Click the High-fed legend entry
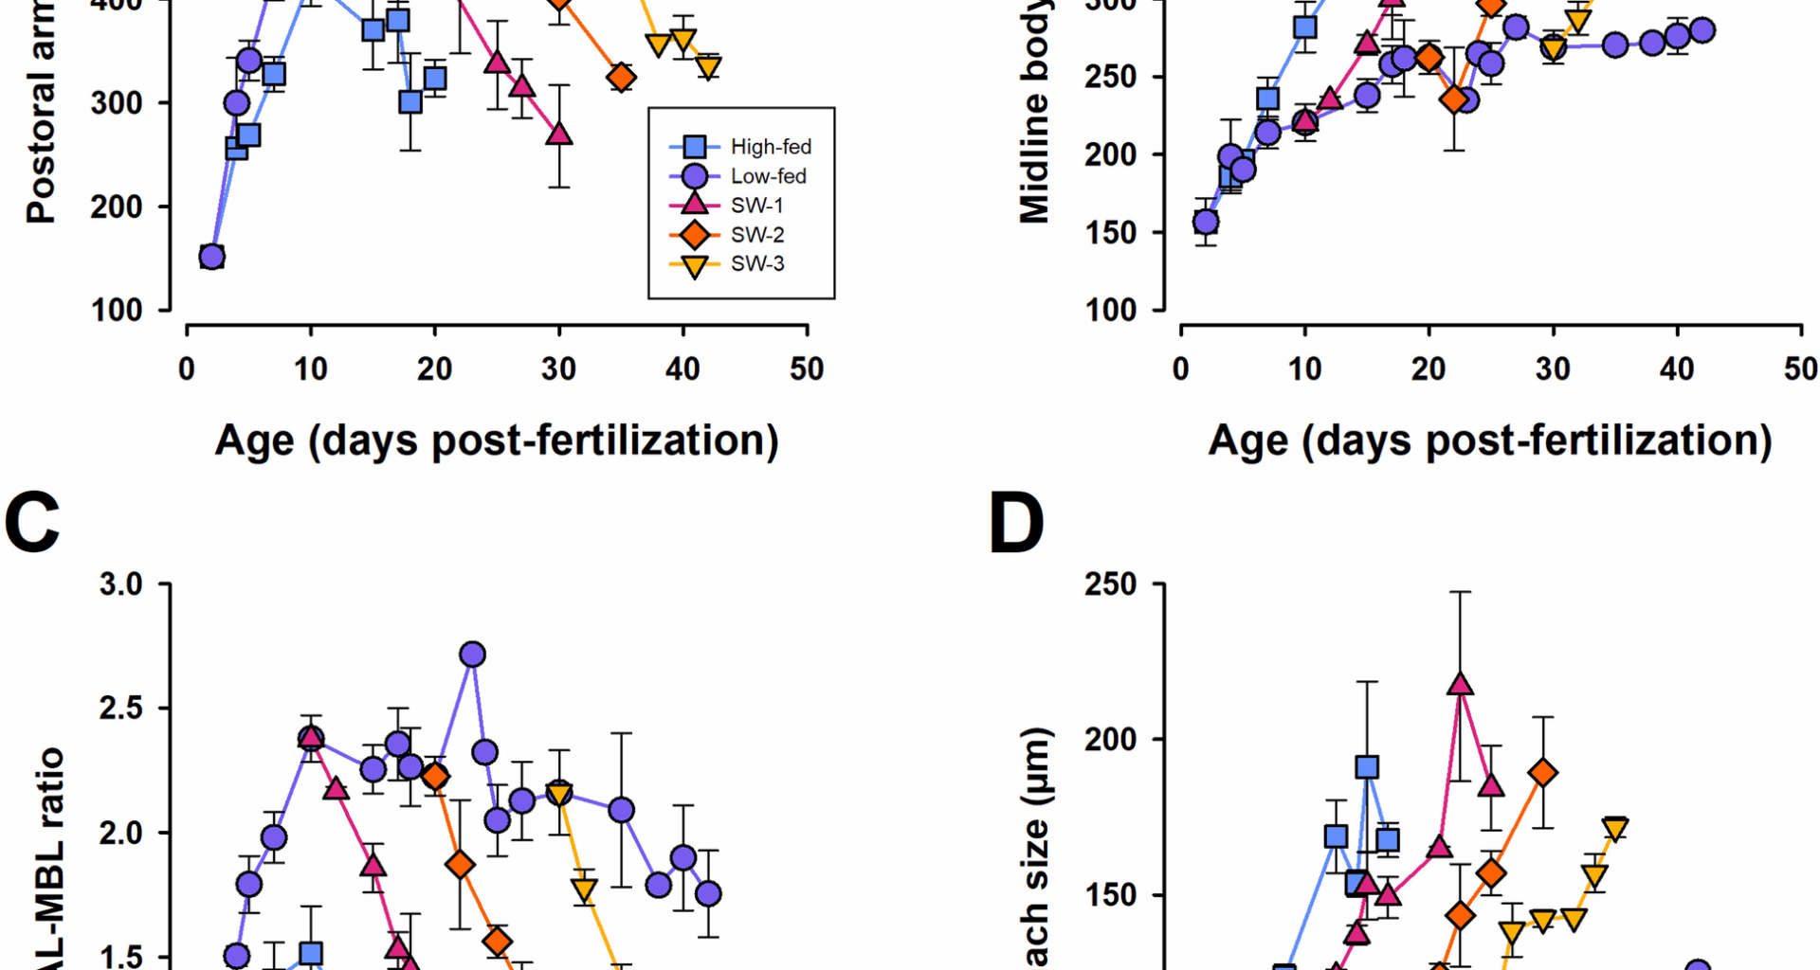coord(770,147)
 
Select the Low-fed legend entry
coord(768,176)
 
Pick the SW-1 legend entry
coord(756,206)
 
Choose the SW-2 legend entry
coord(756,235)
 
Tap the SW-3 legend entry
coord(756,264)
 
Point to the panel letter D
coord(1016,524)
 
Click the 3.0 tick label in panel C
coord(120,584)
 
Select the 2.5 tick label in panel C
coord(120,709)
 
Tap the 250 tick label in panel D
coord(1110,584)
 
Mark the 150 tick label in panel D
coord(1110,895)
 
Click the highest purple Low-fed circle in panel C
coord(472,655)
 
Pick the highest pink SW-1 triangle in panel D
coord(1460,684)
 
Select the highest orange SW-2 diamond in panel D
coord(1543,773)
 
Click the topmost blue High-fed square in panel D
coord(1367,767)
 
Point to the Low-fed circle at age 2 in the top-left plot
coord(211,257)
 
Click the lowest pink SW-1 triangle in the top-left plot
coord(559,134)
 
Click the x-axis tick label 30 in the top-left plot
coord(559,368)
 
